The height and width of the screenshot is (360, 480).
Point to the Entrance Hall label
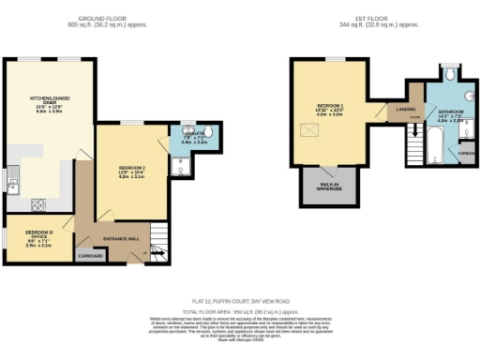(x=122, y=239)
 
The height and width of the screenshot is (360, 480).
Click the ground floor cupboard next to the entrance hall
(x=90, y=254)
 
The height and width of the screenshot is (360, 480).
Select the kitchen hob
(x=38, y=203)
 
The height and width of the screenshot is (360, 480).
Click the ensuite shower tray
(x=180, y=167)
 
